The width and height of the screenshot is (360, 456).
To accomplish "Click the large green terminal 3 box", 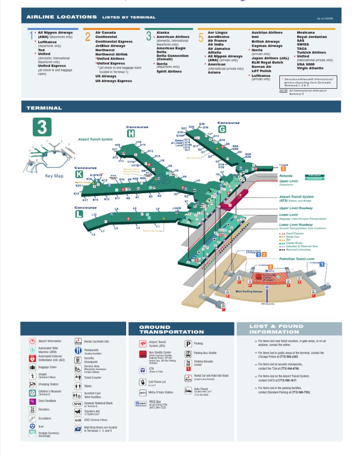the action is click(42, 127).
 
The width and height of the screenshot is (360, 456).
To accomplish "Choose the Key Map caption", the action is click(54, 176).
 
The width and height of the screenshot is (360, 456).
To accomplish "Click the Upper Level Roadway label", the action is click(296, 208).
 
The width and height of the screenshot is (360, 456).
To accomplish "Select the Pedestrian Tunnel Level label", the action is click(297, 258).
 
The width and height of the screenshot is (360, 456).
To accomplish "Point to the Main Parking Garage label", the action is click(249, 291).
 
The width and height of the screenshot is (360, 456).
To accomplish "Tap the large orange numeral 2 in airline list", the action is click(88, 37).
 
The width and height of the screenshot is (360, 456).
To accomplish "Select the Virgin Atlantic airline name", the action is click(310, 68).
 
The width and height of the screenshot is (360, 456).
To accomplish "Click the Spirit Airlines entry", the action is click(169, 71).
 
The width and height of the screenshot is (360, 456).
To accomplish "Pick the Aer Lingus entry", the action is click(217, 32).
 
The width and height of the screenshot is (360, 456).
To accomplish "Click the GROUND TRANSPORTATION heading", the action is click(172, 329).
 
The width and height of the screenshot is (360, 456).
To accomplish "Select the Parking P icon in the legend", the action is click(187, 343).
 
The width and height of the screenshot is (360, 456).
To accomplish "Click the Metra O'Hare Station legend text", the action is click(161, 392).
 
